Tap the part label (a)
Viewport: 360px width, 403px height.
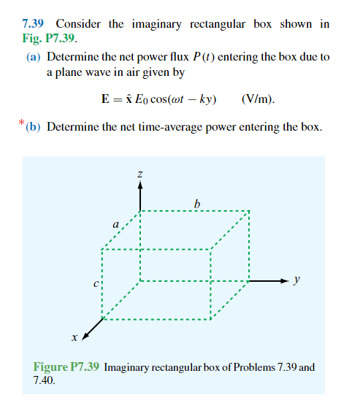point(34,56)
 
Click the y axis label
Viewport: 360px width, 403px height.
point(296,280)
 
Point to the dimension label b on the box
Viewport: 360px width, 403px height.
point(196,201)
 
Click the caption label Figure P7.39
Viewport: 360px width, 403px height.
point(67,367)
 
